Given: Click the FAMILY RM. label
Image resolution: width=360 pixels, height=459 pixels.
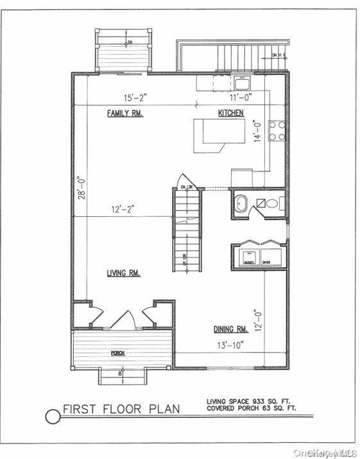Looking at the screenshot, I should (124, 113).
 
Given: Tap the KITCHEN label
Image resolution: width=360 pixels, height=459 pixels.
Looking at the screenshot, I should (230, 113).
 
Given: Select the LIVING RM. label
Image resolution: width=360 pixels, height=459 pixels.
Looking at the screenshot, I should (124, 273).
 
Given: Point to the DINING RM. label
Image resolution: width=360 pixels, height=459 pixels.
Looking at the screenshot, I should (230, 329).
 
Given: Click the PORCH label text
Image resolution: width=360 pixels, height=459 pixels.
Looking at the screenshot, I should (117, 354).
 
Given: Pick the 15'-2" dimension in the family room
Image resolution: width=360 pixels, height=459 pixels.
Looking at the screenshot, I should (135, 98).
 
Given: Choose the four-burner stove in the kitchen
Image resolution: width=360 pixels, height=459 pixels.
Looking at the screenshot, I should (277, 130).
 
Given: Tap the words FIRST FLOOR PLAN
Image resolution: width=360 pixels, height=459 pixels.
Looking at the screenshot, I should (121, 409).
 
